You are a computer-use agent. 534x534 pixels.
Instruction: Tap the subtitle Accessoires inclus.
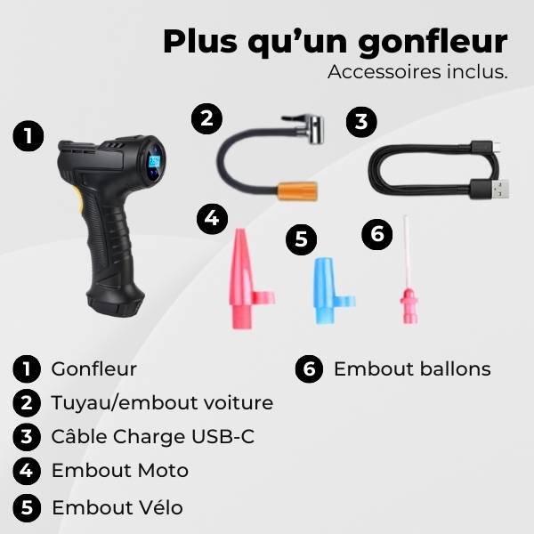point(417,72)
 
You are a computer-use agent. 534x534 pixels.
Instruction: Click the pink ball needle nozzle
point(408,285)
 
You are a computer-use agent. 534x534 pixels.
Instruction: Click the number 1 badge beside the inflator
point(28,136)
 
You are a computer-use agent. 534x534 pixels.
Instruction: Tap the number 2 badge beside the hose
point(207,119)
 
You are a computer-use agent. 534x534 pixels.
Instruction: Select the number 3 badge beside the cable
point(360,122)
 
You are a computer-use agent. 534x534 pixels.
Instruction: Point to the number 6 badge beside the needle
point(377,234)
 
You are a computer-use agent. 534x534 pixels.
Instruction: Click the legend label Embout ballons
point(411,368)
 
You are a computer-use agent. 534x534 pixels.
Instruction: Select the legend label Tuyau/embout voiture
point(162,402)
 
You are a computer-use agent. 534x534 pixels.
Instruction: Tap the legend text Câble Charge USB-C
point(146,437)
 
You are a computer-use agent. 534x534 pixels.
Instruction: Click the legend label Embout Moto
point(120,471)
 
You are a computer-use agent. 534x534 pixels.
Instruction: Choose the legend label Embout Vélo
point(117,507)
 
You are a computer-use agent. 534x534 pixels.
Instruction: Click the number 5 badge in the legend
point(28,507)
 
